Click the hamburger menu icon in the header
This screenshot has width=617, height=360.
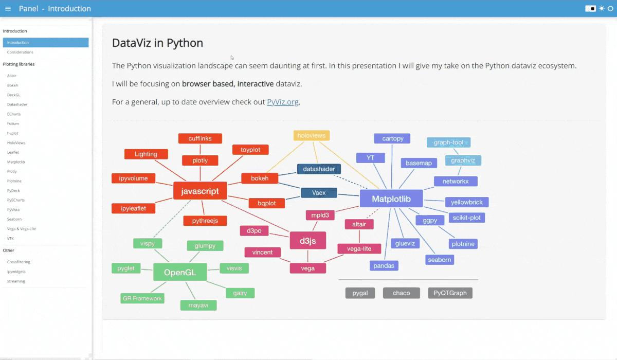click(8, 9)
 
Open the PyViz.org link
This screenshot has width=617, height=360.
click(282, 102)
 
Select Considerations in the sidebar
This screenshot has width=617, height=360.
click(20, 52)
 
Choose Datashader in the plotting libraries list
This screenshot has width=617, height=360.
click(17, 104)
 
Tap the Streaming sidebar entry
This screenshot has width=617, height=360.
click(16, 281)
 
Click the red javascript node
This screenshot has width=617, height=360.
click(200, 191)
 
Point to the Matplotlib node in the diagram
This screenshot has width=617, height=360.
click(390, 199)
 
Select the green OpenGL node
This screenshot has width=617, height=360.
click(180, 273)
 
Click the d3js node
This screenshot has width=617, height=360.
click(307, 241)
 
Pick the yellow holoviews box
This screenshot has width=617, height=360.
click(312, 135)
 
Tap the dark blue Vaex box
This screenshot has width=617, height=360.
click(319, 193)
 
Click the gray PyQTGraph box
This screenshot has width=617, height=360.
click(450, 293)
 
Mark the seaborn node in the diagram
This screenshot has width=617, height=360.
click(440, 260)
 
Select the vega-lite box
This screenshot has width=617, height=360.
click(359, 248)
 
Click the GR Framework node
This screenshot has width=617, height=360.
click(142, 298)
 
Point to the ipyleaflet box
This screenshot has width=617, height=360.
click(133, 208)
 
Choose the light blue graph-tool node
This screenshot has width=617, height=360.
click(448, 142)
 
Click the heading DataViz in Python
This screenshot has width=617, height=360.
click(157, 43)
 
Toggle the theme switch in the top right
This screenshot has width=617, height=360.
click(590, 9)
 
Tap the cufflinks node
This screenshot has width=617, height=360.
click(200, 138)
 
